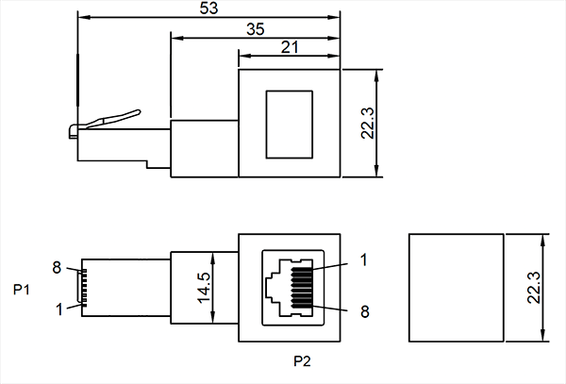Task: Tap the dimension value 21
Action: pos(291,48)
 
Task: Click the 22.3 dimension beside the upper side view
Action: pos(368,123)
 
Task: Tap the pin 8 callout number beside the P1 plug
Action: pos(58,268)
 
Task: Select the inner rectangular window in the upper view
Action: pos(291,123)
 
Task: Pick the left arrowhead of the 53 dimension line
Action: pos(81,18)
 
